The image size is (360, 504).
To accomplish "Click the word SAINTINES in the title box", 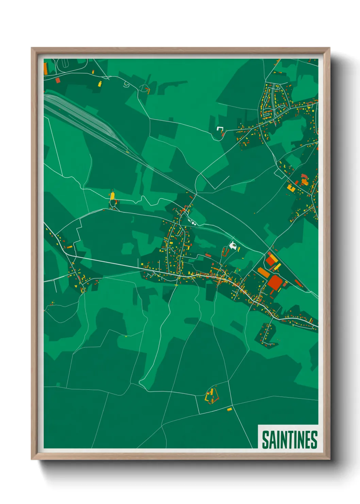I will pos(289,440).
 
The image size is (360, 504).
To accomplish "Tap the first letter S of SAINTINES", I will pos(265,440).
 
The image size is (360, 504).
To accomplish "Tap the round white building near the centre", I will pos(233,245).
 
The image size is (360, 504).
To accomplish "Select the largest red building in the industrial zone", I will pos(275,283).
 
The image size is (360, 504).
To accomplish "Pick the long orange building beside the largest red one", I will pos(264,272).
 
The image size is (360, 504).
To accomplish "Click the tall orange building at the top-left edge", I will pos(46,68).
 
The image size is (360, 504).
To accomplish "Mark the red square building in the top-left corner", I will pos(58,80).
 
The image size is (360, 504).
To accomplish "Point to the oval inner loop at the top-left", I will pos(64,63).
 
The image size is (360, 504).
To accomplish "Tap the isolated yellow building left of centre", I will pos(112,196).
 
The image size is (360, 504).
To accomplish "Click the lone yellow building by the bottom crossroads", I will pos(229,409).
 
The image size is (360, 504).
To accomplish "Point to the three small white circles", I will pos(193,223).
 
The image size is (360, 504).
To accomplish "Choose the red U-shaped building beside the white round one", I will pos(224,252).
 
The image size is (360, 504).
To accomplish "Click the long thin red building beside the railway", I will pos(298,283).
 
